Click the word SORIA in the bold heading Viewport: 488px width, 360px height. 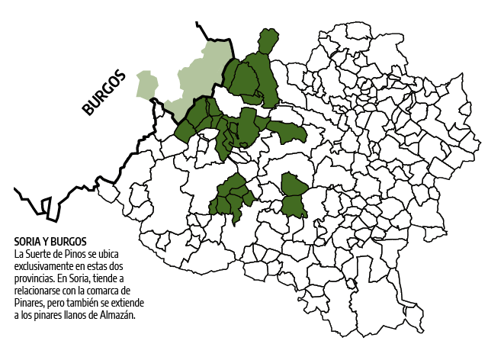pyautogui.click(x=29, y=242)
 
